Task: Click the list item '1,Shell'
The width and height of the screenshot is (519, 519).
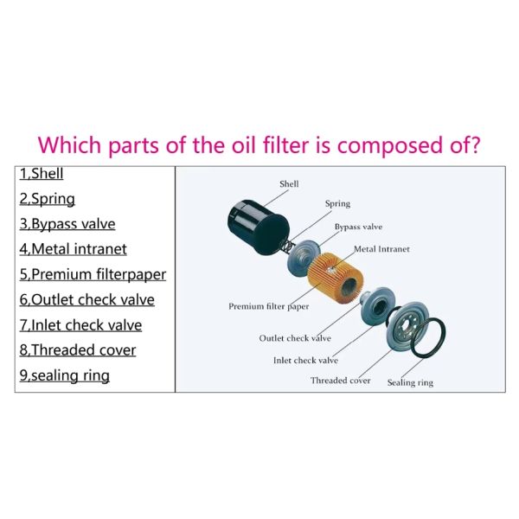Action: point(42,174)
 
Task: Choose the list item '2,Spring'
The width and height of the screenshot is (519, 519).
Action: point(47,199)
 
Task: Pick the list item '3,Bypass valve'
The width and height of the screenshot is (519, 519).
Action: point(67,224)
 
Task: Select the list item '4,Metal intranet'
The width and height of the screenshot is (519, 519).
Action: point(73,249)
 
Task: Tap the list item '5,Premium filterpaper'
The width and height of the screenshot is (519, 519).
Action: point(93,275)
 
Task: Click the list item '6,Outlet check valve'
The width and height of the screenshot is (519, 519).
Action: point(86,300)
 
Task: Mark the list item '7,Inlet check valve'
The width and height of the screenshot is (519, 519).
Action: point(80,325)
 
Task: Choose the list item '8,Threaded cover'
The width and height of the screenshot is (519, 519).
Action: point(77,350)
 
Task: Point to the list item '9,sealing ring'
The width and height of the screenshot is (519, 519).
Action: point(64,375)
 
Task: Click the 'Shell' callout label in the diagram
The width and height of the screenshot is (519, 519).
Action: point(289,184)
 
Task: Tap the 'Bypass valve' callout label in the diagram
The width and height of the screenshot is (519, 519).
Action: point(358,227)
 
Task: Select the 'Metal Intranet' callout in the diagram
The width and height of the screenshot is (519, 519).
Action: point(381,249)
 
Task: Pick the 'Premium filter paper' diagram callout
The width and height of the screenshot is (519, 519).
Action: point(268,306)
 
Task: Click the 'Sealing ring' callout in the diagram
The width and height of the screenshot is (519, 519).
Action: point(410,382)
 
